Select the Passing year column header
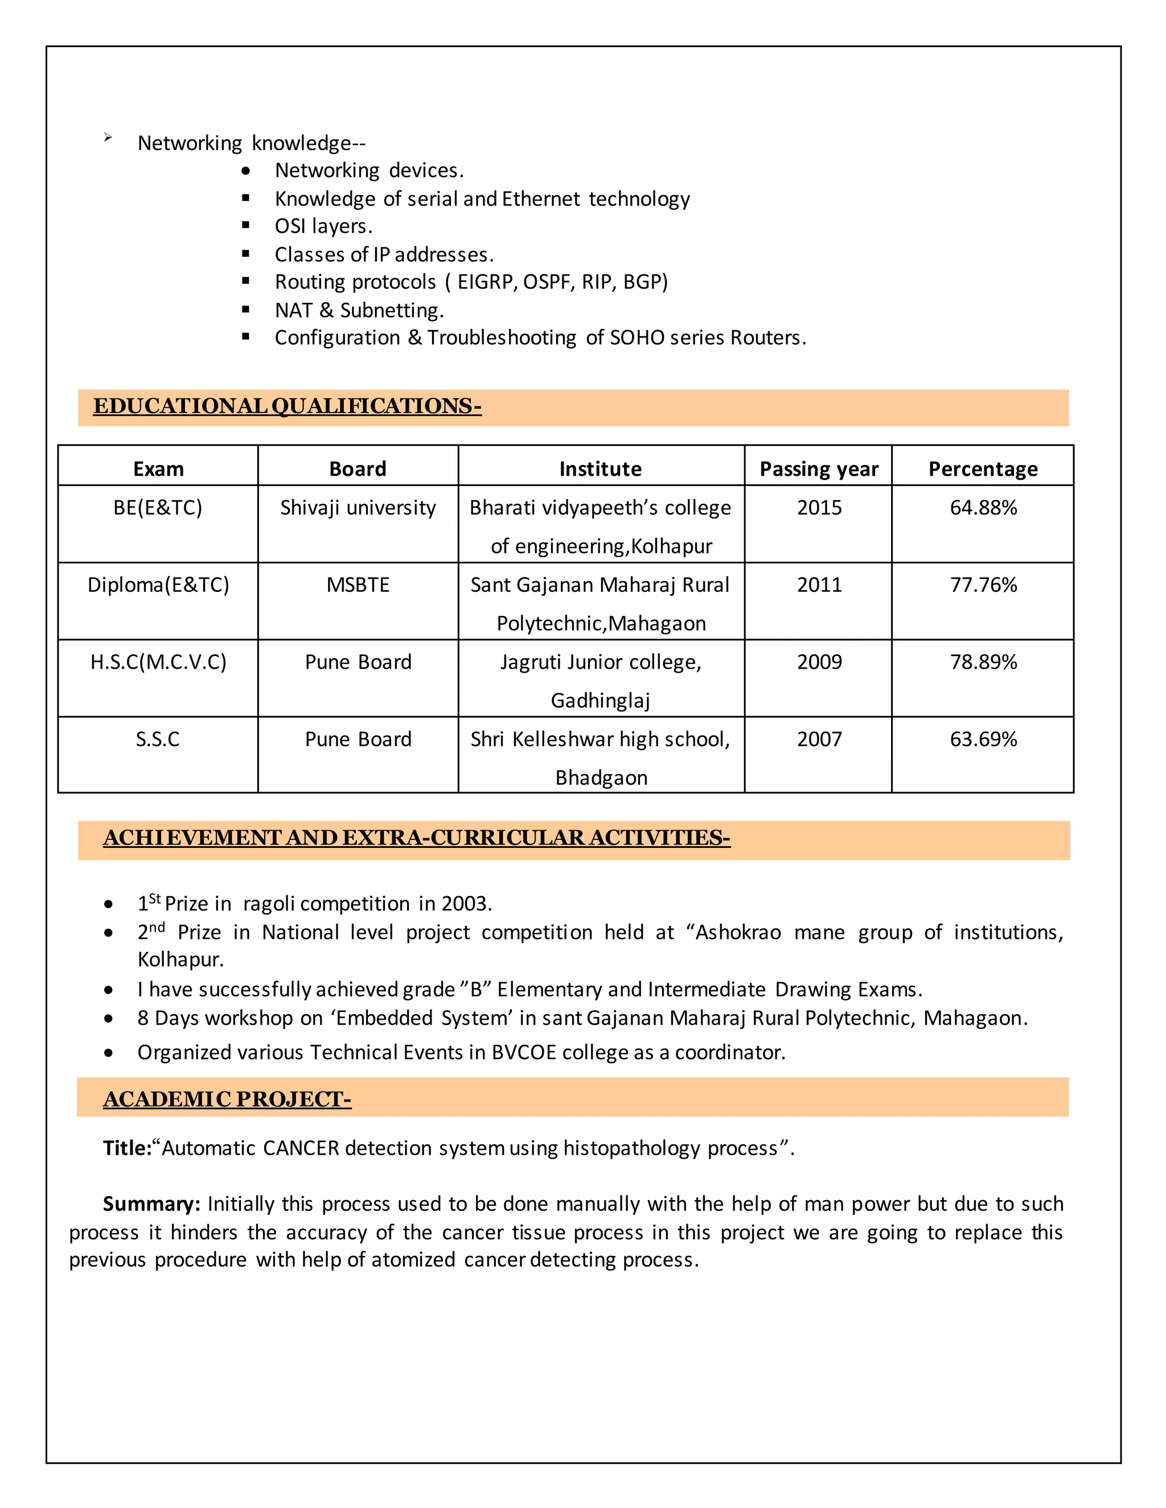[x=819, y=469]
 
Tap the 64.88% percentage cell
[x=983, y=508]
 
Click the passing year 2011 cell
[x=819, y=585]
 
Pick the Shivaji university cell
[x=358, y=508]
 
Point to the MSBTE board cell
[x=358, y=585]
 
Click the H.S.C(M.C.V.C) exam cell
[x=158, y=662]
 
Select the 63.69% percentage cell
[x=983, y=740]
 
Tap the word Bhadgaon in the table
[x=601, y=778]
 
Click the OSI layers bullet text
[x=323, y=226]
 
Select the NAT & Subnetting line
[x=359, y=310]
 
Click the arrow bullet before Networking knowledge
[x=108, y=138]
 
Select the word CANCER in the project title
[x=301, y=1148]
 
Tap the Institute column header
[x=600, y=469]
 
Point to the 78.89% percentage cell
[x=983, y=662]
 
